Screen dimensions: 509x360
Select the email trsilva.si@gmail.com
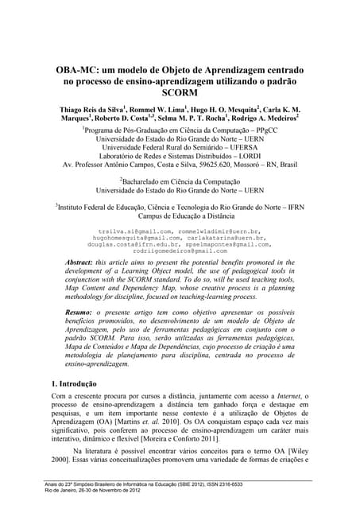[126, 231]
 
